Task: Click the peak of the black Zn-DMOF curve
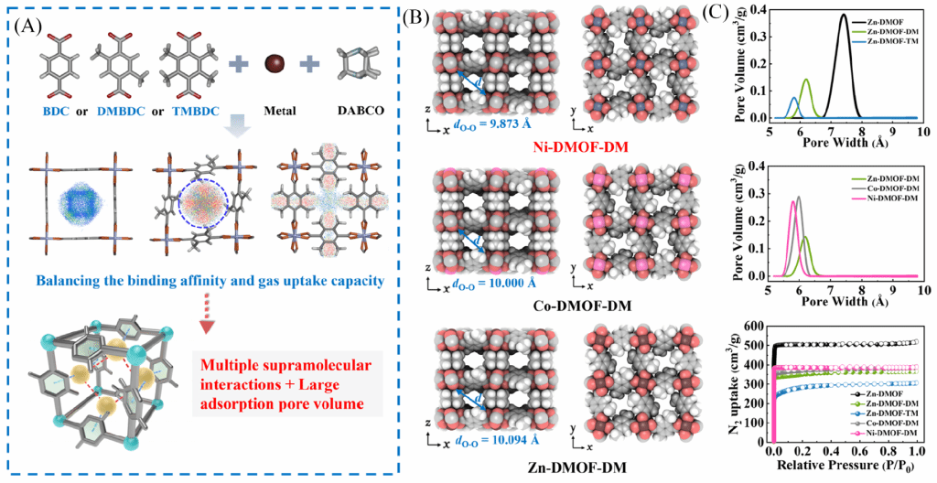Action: tap(845, 15)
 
